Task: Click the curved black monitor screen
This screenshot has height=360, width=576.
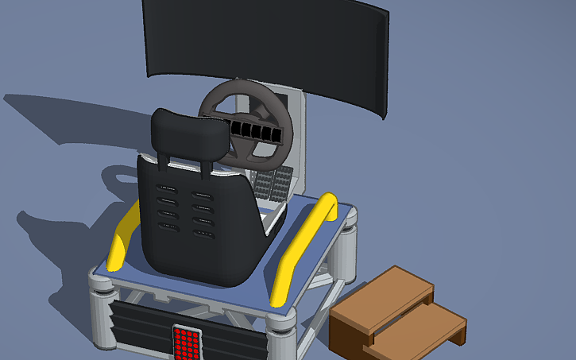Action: pos(266,40)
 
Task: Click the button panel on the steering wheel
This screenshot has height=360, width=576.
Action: pos(256,131)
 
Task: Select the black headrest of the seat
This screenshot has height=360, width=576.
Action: pos(189,135)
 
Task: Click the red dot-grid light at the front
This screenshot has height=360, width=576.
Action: pos(186,343)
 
